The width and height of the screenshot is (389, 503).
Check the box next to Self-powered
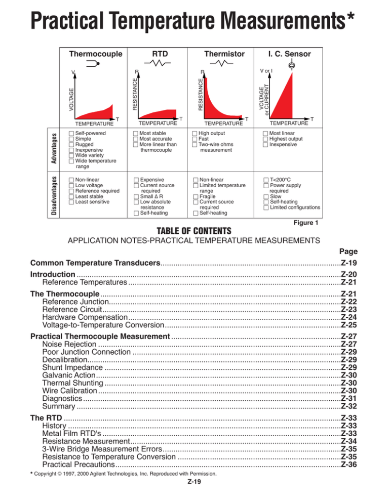coord(70,133)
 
